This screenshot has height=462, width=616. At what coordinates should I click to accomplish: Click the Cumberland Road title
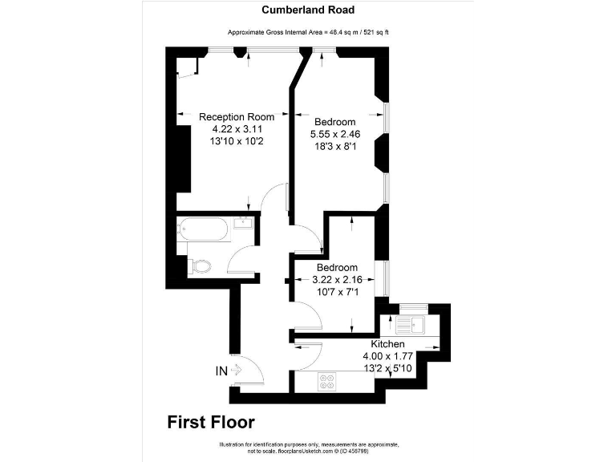(309, 10)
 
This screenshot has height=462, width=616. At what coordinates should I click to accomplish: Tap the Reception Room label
(237, 117)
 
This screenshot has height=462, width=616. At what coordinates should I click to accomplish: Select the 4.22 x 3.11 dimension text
(237, 128)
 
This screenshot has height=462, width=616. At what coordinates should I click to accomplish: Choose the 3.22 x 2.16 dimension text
(337, 279)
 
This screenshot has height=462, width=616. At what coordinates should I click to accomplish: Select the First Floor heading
(211, 421)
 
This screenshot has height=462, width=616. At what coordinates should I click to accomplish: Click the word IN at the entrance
(221, 371)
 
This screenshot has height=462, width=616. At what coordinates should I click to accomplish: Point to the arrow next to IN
(236, 371)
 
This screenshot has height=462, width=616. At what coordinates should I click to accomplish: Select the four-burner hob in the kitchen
(327, 382)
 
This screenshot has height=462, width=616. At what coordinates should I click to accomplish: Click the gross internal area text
(308, 32)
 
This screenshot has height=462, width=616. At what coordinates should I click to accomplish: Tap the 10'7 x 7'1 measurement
(337, 291)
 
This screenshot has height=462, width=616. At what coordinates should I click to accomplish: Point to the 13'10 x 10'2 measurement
(237, 140)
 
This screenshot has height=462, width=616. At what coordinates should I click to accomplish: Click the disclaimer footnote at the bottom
(308, 447)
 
